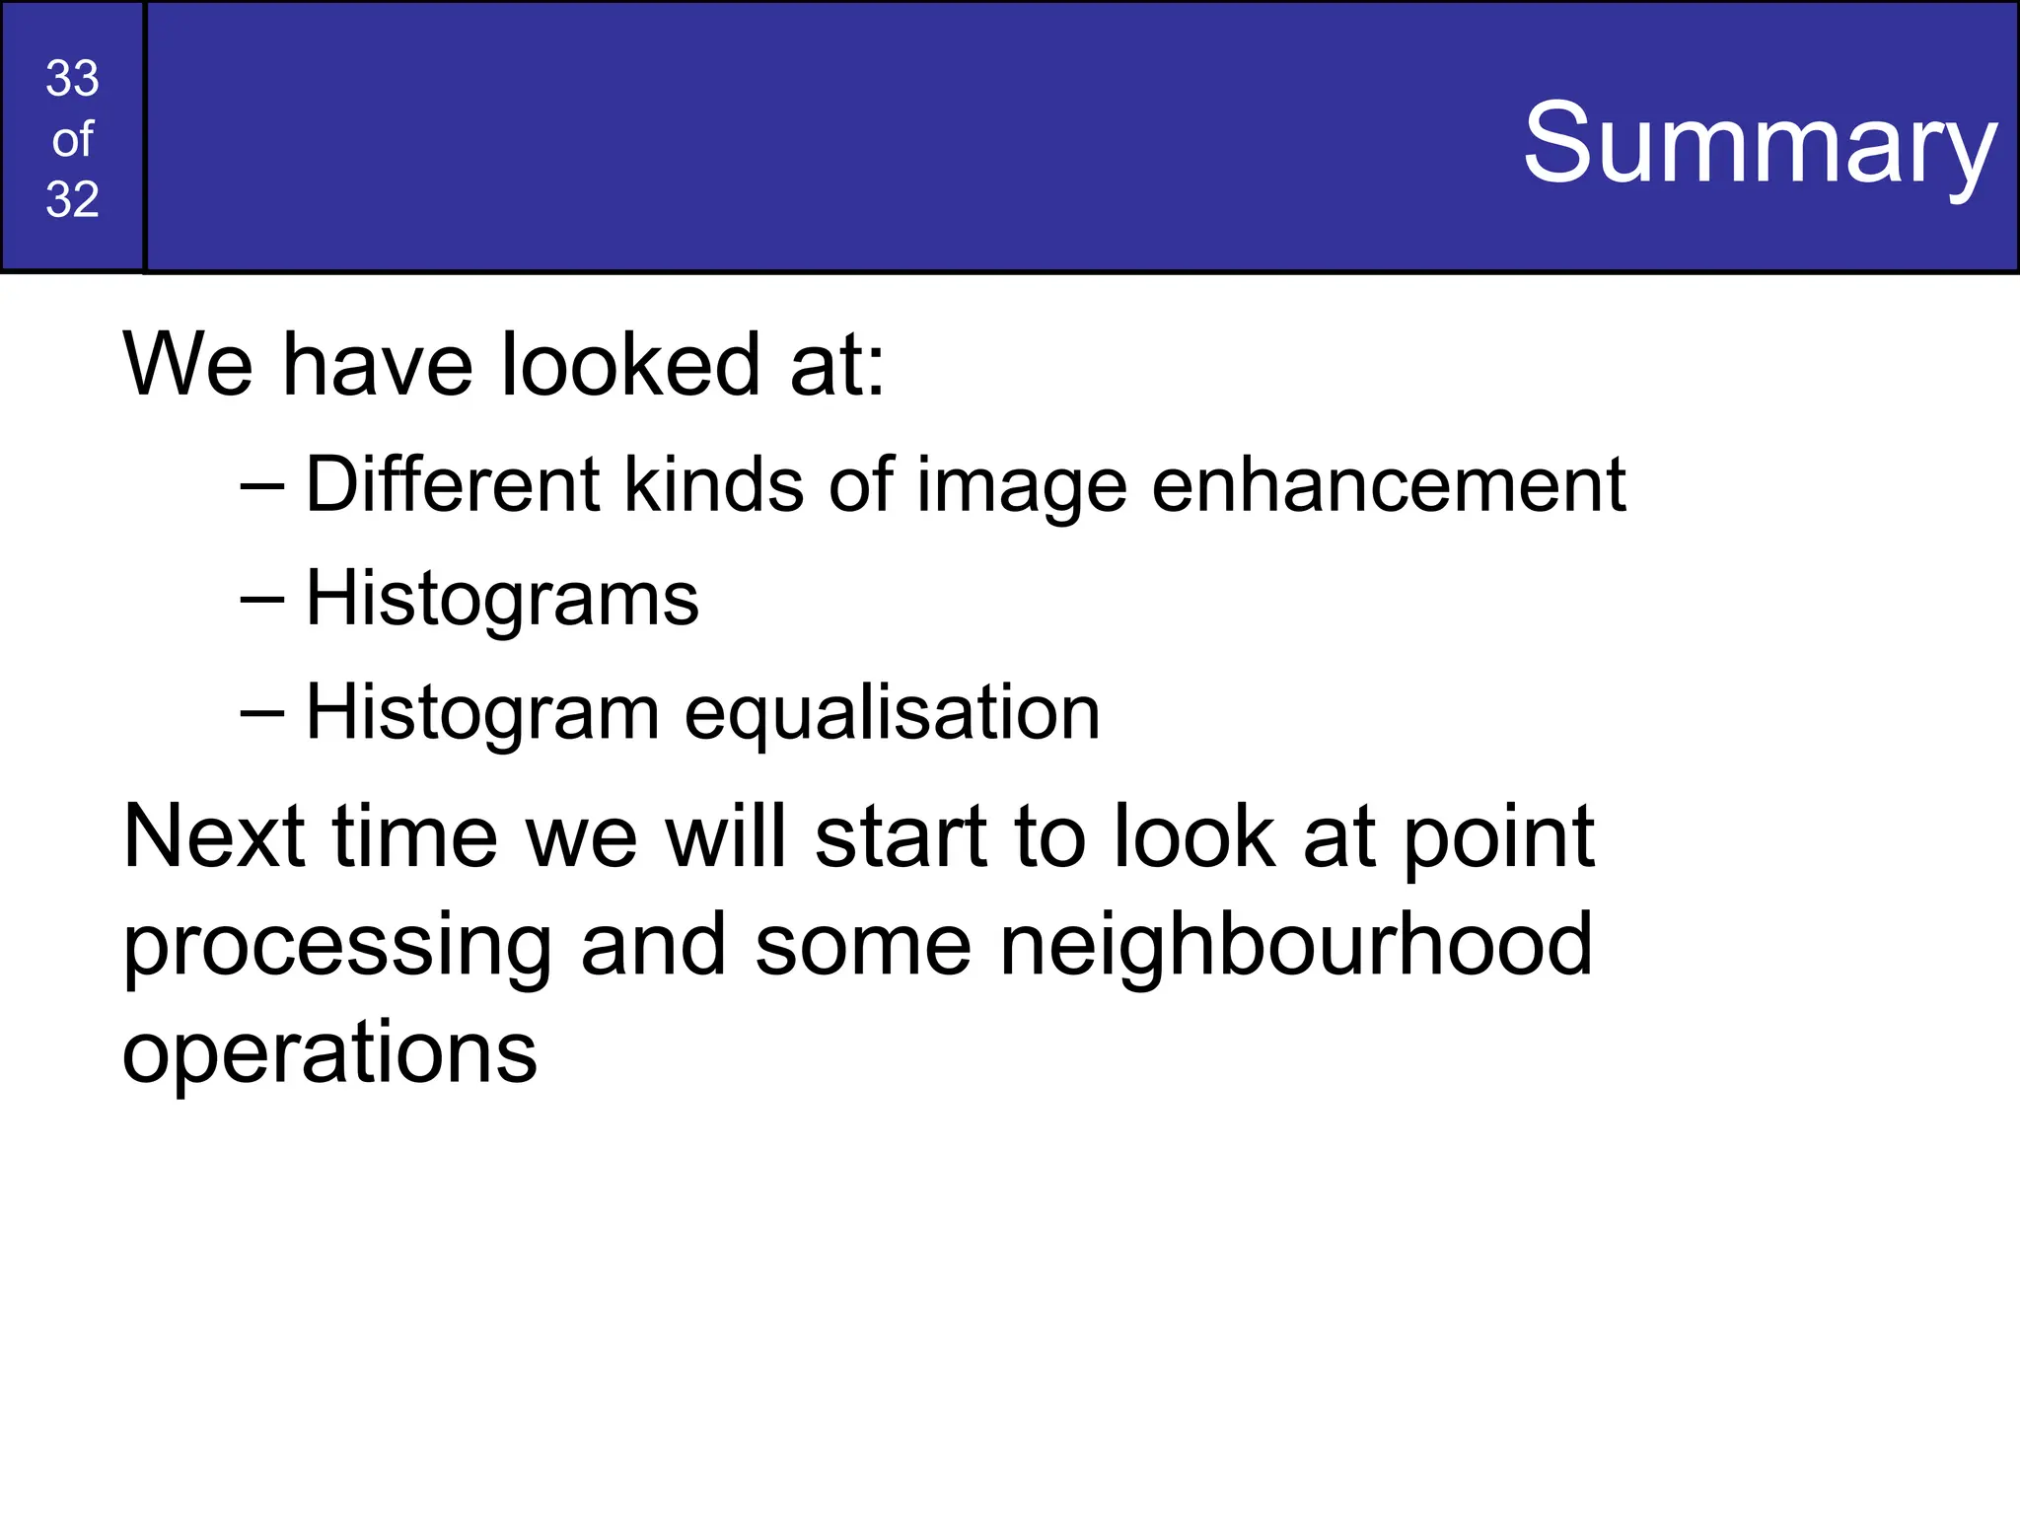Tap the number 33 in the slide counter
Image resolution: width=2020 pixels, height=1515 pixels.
(x=72, y=79)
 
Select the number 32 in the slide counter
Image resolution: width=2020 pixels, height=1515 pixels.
(x=72, y=199)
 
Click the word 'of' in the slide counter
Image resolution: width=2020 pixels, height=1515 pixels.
(x=72, y=140)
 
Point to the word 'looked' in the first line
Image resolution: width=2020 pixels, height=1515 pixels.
(x=631, y=365)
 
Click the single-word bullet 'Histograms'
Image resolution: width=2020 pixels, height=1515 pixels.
(x=502, y=600)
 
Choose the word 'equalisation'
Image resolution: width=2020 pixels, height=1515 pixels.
(x=892, y=714)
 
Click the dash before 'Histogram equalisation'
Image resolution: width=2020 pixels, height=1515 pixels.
(x=262, y=712)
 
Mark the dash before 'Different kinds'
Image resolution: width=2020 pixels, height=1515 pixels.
(x=262, y=485)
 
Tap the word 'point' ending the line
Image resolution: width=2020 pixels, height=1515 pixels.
(x=1498, y=838)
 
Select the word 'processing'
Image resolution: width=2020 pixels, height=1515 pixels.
(x=336, y=947)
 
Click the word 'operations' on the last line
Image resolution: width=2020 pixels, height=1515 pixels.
(x=329, y=1053)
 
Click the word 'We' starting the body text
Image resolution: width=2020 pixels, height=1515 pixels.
(x=187, y=365)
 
